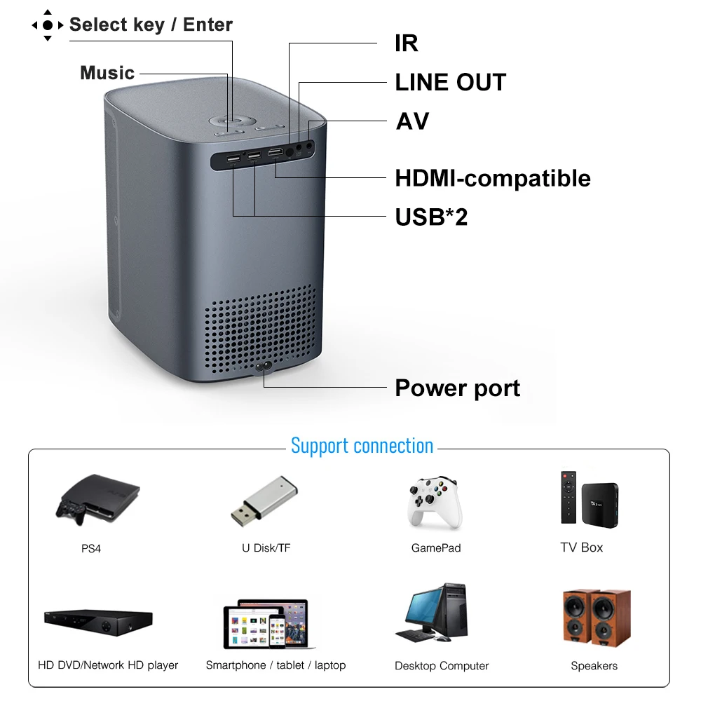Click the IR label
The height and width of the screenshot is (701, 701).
(407, 43)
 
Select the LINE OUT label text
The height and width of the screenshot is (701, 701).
(450, 82)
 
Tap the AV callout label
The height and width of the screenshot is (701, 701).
(412, 121)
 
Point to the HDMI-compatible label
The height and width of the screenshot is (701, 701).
(493, 178)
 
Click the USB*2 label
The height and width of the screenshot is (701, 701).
(431, 217)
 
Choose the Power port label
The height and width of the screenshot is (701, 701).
(457, 388)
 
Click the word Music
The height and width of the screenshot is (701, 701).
(107, 73)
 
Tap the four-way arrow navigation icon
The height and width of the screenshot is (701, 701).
(48, 25)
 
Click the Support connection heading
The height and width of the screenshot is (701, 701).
(362, 446)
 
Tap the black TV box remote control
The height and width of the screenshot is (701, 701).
(569, 497)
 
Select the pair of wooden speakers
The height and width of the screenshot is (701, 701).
(596, 617)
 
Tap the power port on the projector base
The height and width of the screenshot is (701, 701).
(264, 369)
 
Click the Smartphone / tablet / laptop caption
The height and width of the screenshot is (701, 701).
(275, 665)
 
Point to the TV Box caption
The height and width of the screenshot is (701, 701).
(581, 547)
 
